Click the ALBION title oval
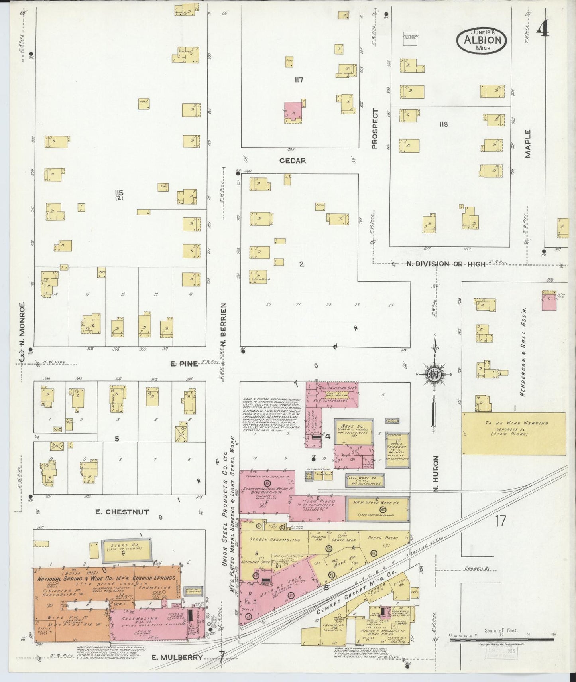coord(482,39)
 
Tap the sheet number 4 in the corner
coord(543,29)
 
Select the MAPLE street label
coord(528,144)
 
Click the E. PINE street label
coord(183,363)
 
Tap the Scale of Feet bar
coord(501,639)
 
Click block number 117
coord(299,80)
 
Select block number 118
coord(443,124)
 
